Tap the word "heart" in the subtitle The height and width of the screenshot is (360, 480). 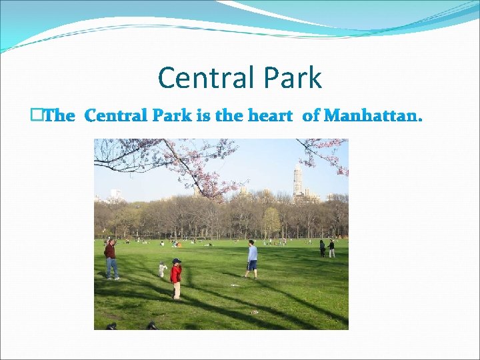pos(269,116)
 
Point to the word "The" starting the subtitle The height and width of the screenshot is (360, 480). pos(60,116)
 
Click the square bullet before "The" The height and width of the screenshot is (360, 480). pos(36,115)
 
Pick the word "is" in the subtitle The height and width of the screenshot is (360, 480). pos(203,116)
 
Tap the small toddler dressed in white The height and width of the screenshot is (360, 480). pos(162,270)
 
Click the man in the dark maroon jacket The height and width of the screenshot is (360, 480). pos(111,257)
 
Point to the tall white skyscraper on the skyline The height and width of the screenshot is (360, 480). pos(297,180)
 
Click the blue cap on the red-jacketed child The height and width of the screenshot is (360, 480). pos(176,261)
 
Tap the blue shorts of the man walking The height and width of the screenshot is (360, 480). pos(252,265)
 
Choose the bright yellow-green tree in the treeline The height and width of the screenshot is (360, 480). pos(271,220)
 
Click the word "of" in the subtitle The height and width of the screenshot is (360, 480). pos(311,116)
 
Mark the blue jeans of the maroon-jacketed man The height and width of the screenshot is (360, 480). pos(112,268)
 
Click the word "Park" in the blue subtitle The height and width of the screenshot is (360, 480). pos(171,116)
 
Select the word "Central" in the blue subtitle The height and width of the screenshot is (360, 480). pos(117,116)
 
